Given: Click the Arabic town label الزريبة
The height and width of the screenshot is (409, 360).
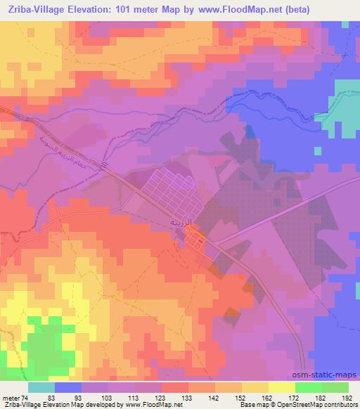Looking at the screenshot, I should pos(181,221).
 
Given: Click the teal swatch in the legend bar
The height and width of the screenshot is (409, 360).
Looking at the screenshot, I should pos(41,388).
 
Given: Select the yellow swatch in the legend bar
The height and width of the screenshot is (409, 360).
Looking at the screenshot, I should pos(281,388).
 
